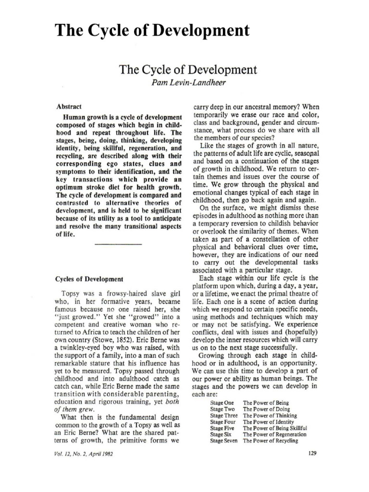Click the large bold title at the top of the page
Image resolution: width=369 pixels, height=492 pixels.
(x=152, y=31)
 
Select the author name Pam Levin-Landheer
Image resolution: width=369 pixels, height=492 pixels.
(x=184, y=84)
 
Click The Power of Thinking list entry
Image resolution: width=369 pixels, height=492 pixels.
(x=270, y=415)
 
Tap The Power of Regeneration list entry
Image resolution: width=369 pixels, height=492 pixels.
(x=274, y=434)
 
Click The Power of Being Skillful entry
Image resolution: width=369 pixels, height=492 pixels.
(x=275, y=428)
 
